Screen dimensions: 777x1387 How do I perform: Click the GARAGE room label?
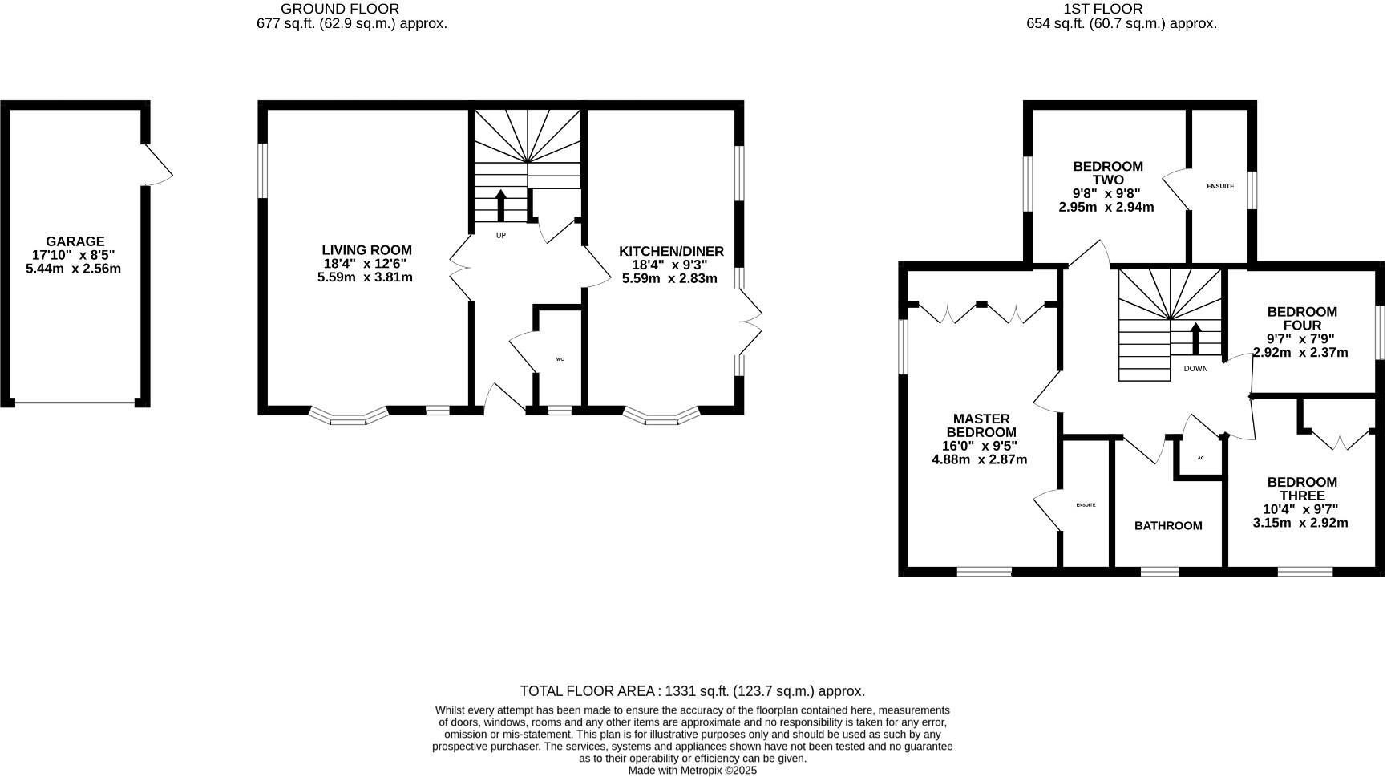75,241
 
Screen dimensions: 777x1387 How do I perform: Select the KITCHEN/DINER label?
671,252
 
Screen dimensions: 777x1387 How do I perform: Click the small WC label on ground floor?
560,359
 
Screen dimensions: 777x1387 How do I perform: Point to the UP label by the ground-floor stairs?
501,236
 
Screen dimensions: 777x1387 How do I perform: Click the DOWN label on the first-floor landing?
1195,369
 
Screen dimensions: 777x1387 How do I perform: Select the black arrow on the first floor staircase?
1195,338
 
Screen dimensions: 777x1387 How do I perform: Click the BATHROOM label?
1168,526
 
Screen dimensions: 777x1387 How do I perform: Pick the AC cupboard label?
1200,459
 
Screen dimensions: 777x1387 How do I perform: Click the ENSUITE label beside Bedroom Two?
1220,186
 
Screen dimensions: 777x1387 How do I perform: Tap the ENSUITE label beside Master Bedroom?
1086,505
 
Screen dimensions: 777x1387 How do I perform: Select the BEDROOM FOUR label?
1302,318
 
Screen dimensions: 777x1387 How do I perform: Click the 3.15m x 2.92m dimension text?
1300,523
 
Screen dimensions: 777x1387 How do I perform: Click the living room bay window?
348,416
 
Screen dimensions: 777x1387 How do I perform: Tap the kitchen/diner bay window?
661,416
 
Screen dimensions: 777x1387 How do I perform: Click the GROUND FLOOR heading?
339,9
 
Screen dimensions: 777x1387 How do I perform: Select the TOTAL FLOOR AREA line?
692,691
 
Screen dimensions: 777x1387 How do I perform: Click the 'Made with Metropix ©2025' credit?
692,770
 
